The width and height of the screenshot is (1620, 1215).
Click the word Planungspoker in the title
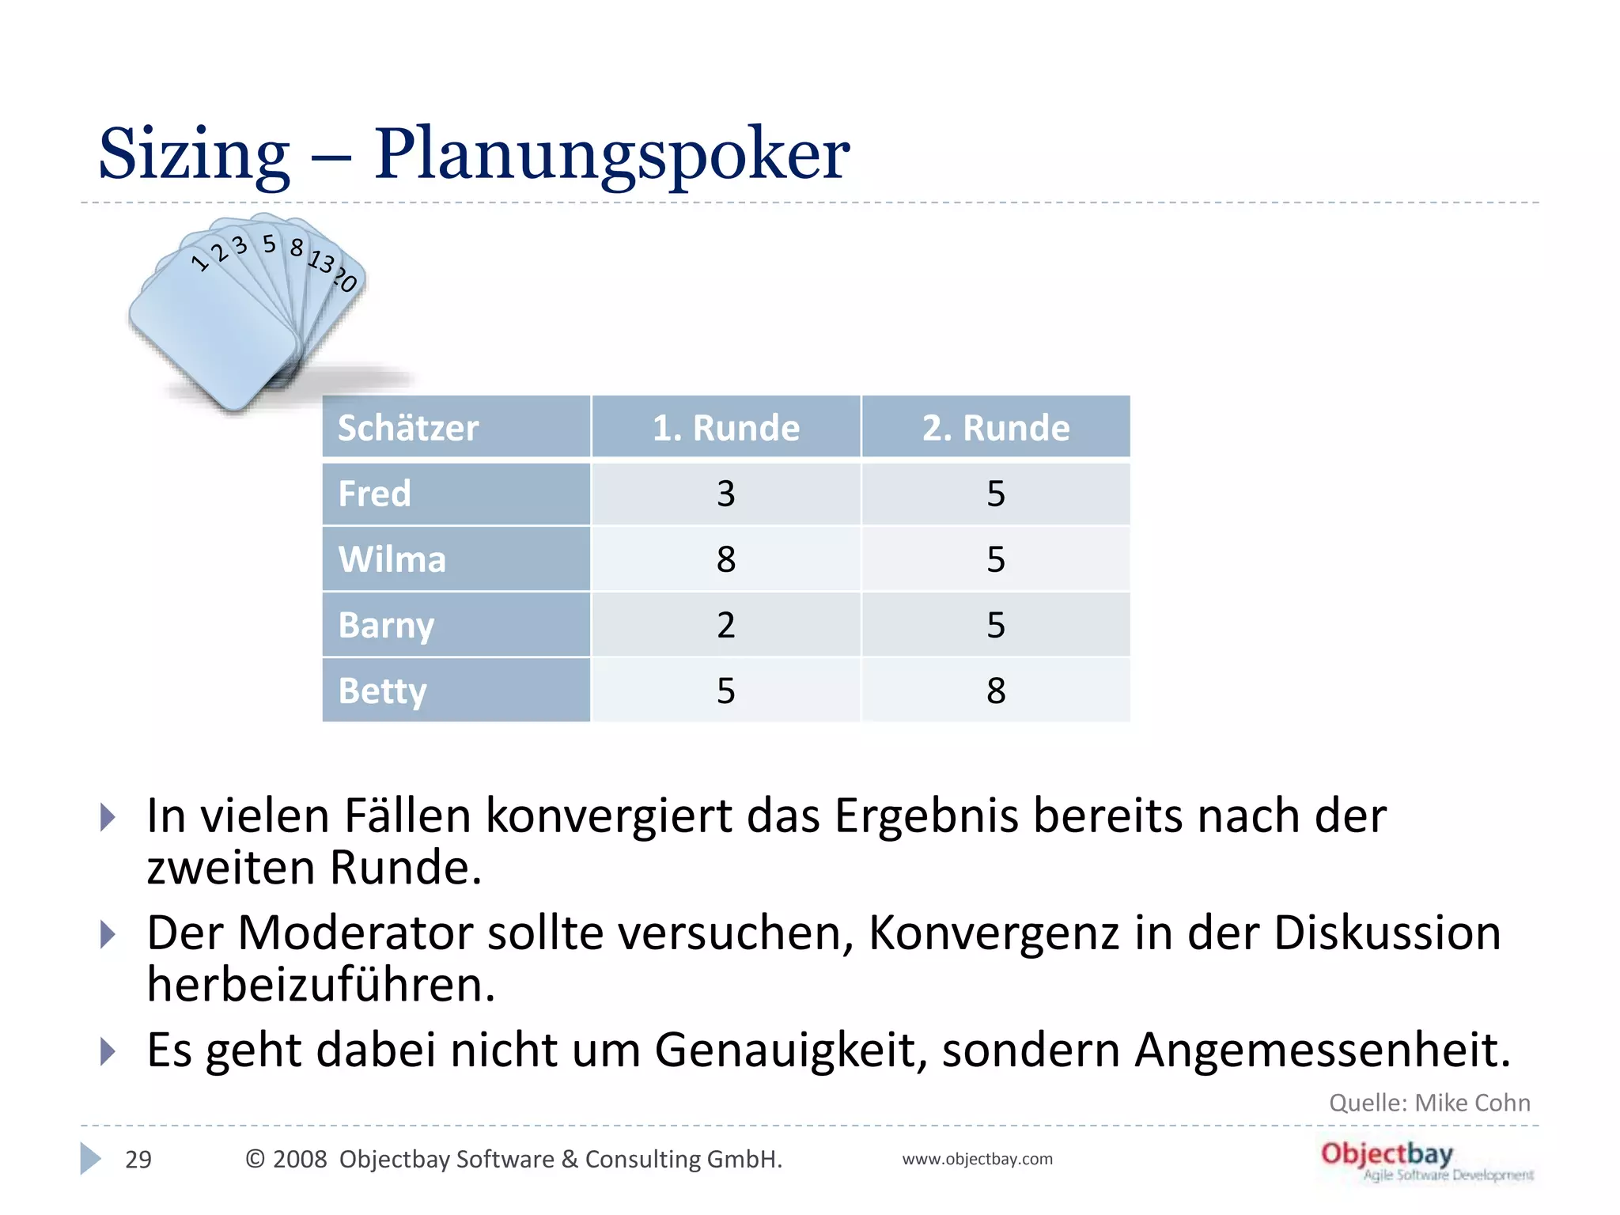click(x=611, y=155)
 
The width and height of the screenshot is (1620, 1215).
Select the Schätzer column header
click(x=408, y=428)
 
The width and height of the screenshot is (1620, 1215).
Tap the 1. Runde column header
click(x=725, y=428)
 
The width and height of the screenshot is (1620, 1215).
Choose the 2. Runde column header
click(x=995, y=428)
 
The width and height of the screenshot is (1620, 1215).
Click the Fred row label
click(x=375, y=494)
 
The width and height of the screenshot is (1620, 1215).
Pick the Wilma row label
click(x=392, y=559)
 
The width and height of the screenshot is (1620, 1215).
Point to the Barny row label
click(x=386, y=625)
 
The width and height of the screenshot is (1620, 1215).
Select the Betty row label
click(x=383, y=691)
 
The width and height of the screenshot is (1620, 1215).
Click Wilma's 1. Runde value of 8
click(x=725, y=559)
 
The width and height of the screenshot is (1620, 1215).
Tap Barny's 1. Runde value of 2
click(x=725, y=625)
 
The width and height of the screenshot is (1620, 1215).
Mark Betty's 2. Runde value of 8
click(x=995, y=691)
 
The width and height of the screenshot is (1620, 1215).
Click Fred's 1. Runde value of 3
click(x=725, y=494)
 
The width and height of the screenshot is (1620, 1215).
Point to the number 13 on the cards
click(x=321, y=260)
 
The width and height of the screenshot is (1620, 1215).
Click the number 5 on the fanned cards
click(x=270, y=244)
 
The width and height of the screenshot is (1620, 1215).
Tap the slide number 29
click(x=138, y=1159)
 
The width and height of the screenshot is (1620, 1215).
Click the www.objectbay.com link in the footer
click(x=977, y=1159)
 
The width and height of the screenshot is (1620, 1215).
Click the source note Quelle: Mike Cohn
click(x=1429, y=1102)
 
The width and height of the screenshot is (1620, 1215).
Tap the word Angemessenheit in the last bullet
click(x=1322, y=1050)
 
